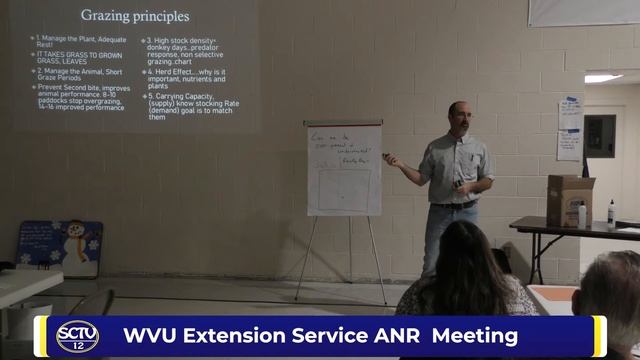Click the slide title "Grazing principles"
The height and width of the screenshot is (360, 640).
click(134, 17)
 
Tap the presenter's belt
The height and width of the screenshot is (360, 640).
click(453, 204)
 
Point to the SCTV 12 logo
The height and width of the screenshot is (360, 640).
click(77, 336)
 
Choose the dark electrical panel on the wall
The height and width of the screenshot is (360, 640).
click(600, 135)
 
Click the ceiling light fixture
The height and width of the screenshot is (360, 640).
click(602, 78)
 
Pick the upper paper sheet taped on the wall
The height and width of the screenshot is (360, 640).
click(571, 113)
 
